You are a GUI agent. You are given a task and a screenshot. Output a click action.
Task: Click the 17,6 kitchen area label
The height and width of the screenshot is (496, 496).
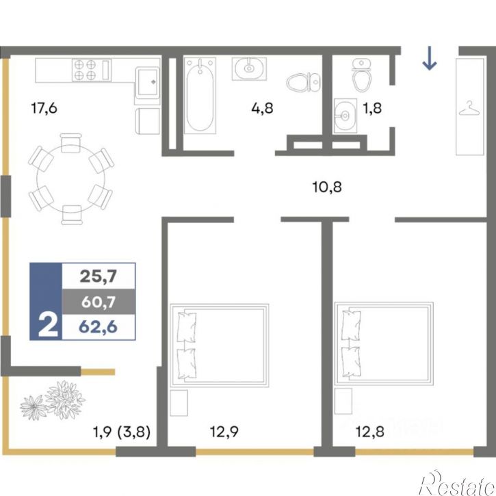click(x=44, y=108)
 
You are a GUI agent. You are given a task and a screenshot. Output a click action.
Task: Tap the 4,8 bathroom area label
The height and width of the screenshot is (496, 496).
click(x=262, y=108)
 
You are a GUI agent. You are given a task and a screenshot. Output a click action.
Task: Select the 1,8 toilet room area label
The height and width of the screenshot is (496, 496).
click(x=372, y=108)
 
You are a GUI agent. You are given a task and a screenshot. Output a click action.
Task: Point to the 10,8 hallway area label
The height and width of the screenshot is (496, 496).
click(x=327, y=187)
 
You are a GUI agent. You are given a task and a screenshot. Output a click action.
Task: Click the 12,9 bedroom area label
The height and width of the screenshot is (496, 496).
click(x=224, y=432)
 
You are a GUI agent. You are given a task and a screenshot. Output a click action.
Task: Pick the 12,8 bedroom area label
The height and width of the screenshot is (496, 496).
click(x=370, y=432)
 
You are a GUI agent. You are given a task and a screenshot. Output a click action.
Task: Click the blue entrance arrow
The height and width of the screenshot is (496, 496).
click(x=430, y=58)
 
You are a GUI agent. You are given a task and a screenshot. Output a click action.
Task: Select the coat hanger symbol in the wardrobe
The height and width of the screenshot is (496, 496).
click(x=469, y=108)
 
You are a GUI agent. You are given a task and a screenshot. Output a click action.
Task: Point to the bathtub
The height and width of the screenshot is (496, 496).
click(x=200, y=95)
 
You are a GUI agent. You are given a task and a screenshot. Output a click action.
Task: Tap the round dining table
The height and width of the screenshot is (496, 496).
click(x=71, y=179)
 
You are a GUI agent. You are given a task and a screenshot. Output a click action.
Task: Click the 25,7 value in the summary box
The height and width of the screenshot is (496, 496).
click(x=99, y=276)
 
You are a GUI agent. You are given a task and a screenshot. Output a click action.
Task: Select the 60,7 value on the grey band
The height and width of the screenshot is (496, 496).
click(x=99, y=302)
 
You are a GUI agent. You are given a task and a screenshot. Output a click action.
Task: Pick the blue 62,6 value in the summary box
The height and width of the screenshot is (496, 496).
click(x=99, y=327)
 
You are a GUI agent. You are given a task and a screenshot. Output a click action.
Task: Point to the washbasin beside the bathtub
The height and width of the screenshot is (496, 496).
click(x=249, y=68)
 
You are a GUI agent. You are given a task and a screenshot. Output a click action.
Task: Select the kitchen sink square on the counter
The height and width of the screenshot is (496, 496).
click(x=148, y=83)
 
